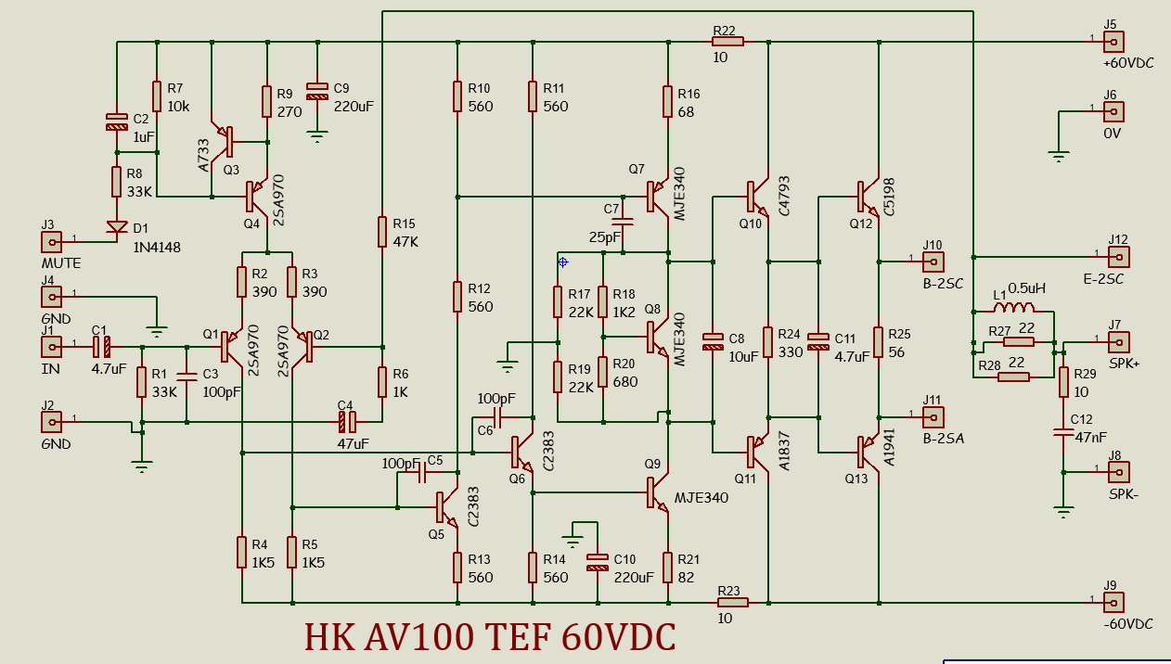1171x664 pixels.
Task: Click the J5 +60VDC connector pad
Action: (x=1112, y=41)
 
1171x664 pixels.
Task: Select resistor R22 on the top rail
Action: (x=727, y=41)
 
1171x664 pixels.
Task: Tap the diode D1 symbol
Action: (x=117, y=227)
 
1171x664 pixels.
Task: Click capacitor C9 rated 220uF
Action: (x=317, y=90)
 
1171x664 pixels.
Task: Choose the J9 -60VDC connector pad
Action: (x=1112, y=602)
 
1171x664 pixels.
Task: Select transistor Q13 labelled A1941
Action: (x=867, y=452)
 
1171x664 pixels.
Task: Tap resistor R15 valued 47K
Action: (x=382, y=231)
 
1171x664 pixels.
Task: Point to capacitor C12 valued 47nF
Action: (x=1063, y=431)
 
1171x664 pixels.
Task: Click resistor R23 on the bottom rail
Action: (x=733, y=602)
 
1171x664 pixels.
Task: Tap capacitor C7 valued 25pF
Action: (x=624, y=223)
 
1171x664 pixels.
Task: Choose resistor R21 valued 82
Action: (x=667, y=566)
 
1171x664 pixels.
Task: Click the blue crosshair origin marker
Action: (x=562, y=262)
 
